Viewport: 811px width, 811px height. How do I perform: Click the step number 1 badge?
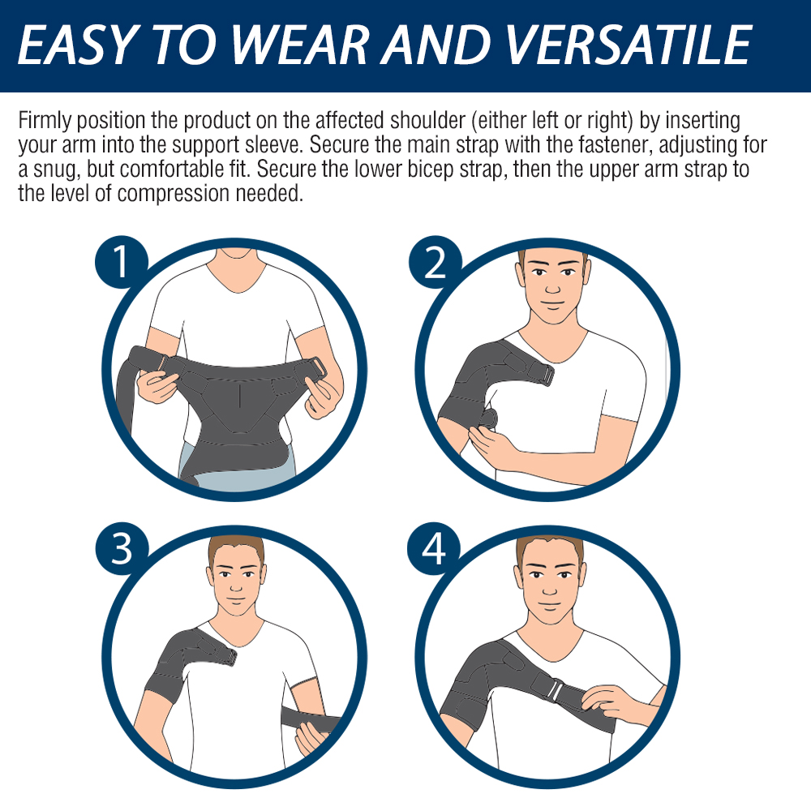coord(122,264)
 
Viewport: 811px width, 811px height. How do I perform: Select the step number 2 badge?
coord(436,264)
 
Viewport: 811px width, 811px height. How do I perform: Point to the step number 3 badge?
coord(122,549)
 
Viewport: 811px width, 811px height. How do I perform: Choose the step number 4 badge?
coord(436,549)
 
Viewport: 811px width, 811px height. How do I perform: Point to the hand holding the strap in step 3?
coord(311,738)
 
